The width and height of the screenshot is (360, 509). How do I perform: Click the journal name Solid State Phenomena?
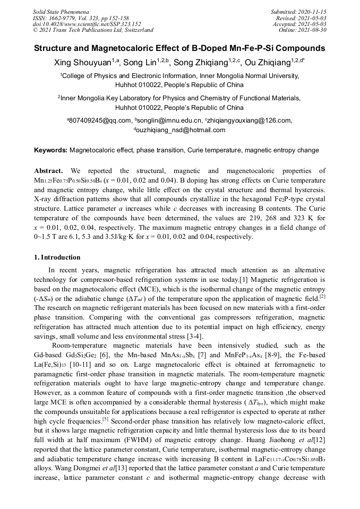click(x=59, y=11)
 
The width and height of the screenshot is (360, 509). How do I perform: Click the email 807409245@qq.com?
click(x=100, y=120)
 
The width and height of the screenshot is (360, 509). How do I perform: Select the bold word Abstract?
click(x=48, y=171)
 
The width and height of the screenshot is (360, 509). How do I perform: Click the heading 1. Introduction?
click(x=57, y=257)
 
